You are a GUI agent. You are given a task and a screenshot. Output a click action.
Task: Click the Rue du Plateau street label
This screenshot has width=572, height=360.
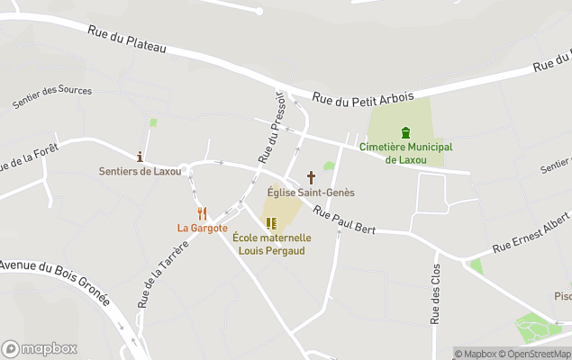(127, 40)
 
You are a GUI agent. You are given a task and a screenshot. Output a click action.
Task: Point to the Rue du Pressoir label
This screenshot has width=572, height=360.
(272, 126)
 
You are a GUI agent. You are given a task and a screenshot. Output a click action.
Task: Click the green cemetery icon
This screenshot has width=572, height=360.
(405, 132)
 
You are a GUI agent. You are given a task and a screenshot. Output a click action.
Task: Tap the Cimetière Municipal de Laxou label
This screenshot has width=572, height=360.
(405, 153)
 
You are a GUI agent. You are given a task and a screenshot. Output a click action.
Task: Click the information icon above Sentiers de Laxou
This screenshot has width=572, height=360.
(140, 157)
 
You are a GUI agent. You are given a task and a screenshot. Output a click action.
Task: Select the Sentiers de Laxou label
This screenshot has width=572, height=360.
(140, 171)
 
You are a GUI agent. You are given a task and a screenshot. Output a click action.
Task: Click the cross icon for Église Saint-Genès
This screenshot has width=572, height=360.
(312, 177)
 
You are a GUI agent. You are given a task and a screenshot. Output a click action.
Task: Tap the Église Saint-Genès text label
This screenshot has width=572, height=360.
(312, 193)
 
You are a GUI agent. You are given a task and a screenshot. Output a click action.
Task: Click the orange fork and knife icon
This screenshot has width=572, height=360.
(202, 213)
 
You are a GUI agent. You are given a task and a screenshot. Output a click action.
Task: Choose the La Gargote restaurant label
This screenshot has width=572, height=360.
(202, 228)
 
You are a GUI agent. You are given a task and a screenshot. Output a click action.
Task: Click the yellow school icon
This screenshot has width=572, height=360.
(271, 223)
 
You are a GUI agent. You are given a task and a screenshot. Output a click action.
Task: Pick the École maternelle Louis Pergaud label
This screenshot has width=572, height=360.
(271, 243)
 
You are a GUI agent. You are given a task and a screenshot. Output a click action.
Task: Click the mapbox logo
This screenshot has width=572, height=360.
(40, 348)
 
